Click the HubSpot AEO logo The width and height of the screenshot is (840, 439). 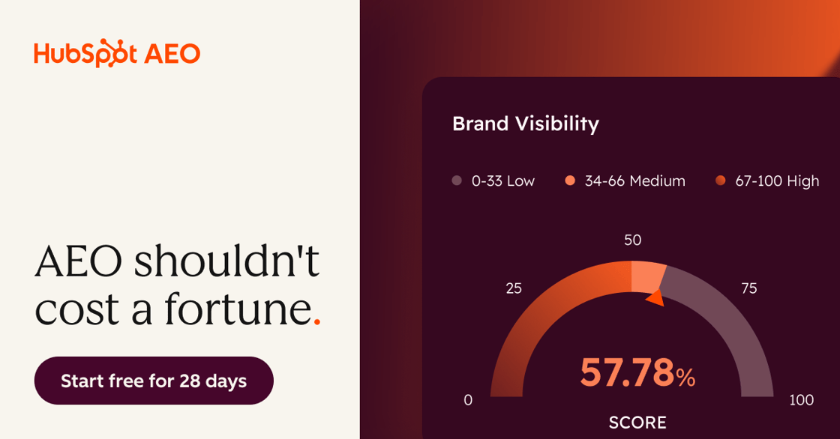coord(117,53)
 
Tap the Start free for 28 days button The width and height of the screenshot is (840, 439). coord(154,381)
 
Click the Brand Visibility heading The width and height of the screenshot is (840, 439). coord(526,124)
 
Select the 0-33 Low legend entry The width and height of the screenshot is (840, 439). coord(493,181)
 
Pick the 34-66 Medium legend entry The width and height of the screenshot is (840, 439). coord(625,181)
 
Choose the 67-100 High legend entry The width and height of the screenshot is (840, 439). coord(767,181)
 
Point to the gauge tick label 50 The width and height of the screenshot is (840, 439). coord(633,240)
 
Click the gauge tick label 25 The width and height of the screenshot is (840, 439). coord(514,288)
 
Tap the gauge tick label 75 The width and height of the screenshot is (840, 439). coord(749,288)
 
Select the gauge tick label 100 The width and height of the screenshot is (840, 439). coord(802,400)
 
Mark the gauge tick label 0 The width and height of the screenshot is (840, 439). coord(468,400)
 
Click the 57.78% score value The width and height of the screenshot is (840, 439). coord(637,372)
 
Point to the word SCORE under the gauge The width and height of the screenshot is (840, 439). coord(637,423)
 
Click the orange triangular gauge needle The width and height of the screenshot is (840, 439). coord(655,298)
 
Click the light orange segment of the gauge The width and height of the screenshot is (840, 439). coord(648,276)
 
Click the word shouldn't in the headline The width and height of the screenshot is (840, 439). coord(226,261)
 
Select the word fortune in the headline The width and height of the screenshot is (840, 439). coord(238,309)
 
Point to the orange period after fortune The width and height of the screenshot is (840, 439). coord(317,321)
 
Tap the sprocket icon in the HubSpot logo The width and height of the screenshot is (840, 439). coord(107,53)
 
